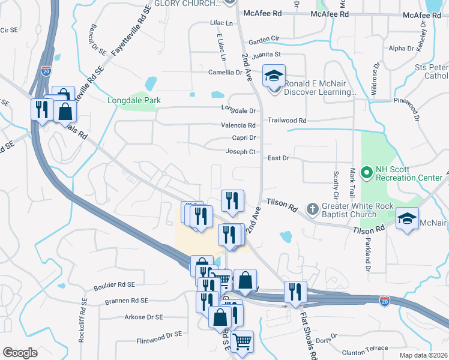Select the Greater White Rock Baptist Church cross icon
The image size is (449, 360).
312,209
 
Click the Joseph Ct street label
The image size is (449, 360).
241,152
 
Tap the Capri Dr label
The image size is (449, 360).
244,137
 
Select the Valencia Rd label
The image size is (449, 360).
239,125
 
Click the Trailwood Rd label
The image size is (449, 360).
287,121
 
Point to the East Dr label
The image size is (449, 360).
279,158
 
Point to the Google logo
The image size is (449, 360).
20,352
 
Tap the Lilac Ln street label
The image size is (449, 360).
221,23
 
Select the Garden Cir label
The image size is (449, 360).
264,39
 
